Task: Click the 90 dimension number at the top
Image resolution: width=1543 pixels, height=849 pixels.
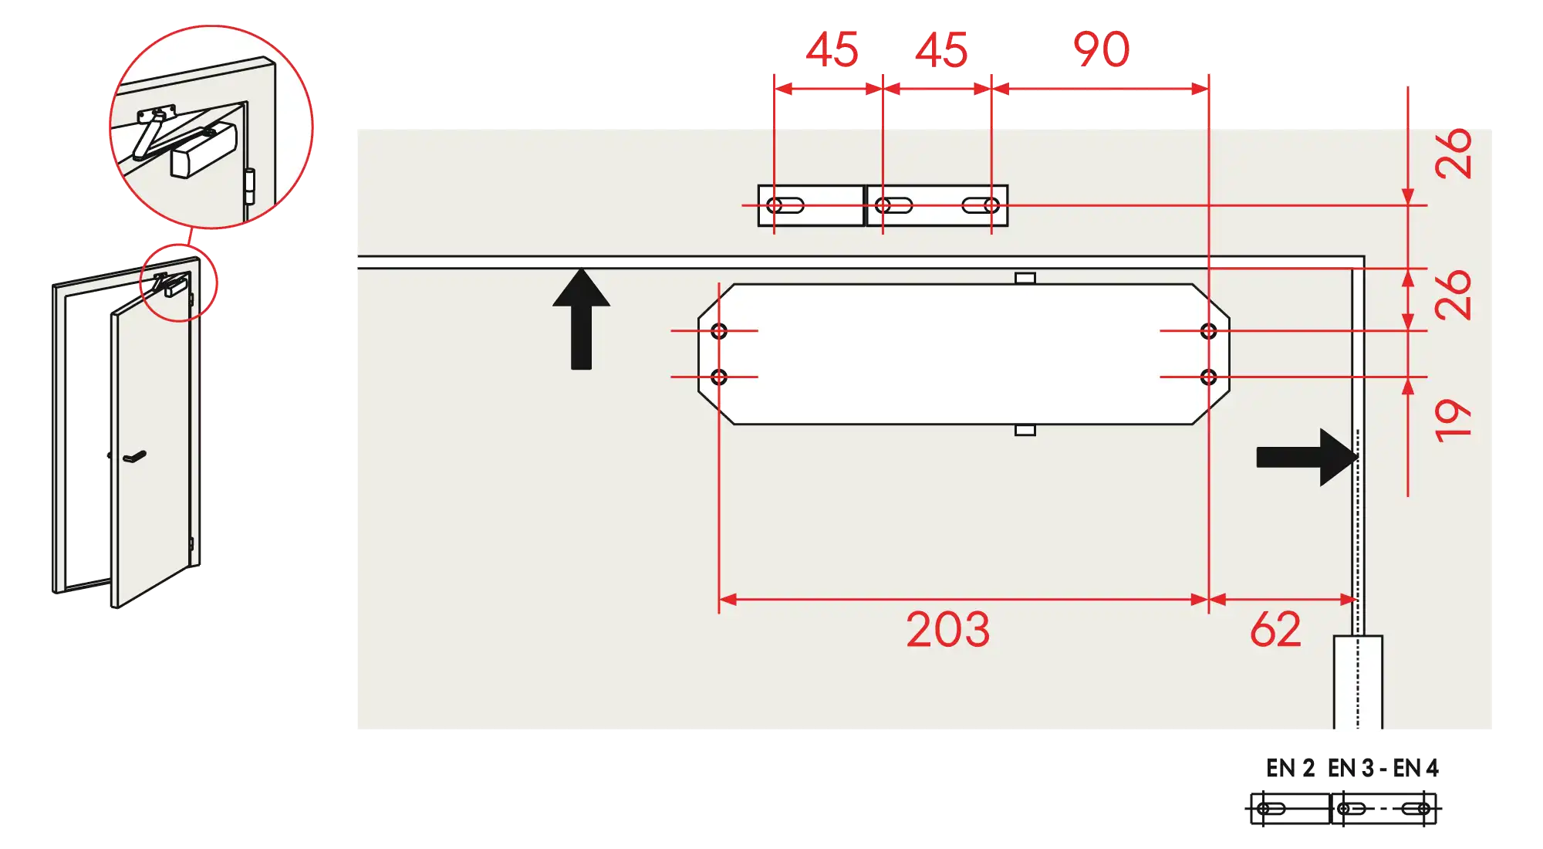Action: (1101, 49)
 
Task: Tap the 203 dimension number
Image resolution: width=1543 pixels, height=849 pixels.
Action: (948, 630)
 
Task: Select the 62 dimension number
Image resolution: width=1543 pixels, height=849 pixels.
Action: (1276, 629)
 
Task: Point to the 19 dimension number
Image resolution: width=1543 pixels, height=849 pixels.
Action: (1453, 421)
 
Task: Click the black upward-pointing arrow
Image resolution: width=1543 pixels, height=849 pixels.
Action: (581, 319)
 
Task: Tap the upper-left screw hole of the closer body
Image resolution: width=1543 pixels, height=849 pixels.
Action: (719, 331)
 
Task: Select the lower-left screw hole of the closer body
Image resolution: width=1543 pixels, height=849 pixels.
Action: (719, 377)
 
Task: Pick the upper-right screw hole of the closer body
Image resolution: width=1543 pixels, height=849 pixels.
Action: (1208, 331)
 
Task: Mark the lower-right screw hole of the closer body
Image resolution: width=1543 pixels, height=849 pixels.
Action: (1208, 377)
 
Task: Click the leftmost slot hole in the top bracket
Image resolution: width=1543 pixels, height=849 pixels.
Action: (785, 205)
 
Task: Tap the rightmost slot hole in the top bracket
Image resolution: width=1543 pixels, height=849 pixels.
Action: (981, 205)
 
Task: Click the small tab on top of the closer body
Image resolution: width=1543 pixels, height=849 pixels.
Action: (1025, 278)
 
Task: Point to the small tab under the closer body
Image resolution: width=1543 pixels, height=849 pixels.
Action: (1025, 430)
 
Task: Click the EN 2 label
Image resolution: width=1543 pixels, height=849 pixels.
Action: (1290, 768)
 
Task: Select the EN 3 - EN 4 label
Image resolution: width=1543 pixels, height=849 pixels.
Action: (1383, 768)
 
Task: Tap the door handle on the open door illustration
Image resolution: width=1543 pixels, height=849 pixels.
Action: (134, 457)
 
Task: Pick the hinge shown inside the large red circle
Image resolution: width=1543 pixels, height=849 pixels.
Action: (249, 187)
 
